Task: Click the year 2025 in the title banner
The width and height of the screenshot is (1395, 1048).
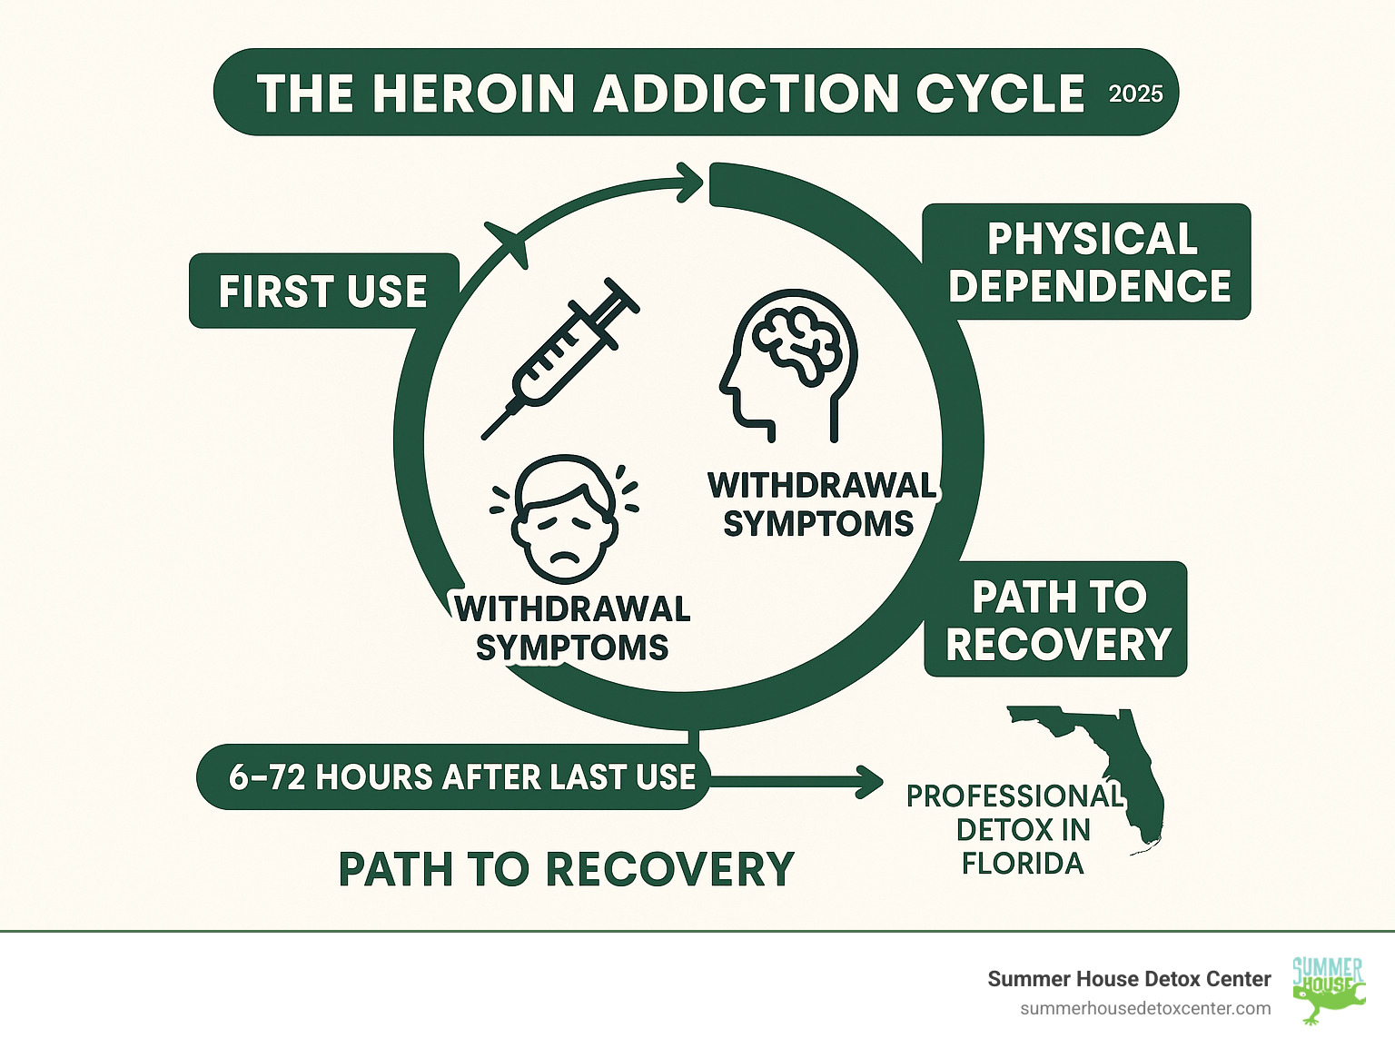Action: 1135,94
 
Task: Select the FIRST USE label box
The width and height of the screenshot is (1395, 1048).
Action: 323,292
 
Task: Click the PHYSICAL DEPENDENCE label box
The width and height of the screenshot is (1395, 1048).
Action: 1088,262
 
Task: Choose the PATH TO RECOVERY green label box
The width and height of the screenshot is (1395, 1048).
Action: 1056,620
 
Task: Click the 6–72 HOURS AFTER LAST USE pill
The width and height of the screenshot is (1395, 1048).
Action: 454,777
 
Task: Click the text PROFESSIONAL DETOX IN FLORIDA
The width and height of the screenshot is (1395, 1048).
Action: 1017,829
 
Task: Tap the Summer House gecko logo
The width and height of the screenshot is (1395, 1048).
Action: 1327,989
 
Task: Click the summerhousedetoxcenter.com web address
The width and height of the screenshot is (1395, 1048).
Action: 1145,1009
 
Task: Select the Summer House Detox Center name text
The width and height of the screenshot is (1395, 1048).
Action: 1129,979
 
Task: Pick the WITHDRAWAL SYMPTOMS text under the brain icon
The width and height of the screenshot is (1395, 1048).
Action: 820,505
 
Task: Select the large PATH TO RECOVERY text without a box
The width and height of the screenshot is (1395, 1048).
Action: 566,869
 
